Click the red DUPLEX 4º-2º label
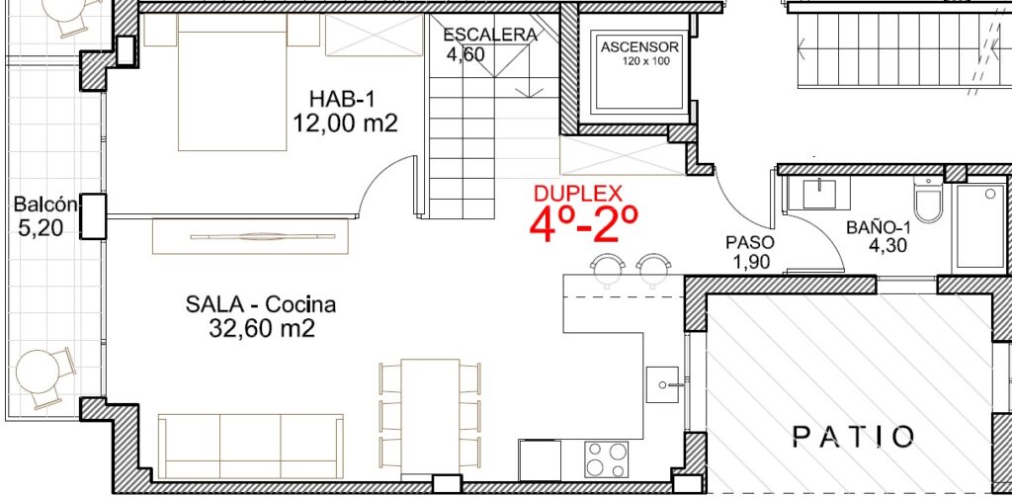tap(584, 214)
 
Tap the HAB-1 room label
tap(342, 99)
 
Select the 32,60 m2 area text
tap(261, 329)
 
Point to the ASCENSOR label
tap(639, 47)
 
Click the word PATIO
tap(853, 437)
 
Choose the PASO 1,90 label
tap(749, 252)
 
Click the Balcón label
tap(45, 206)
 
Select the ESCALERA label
tap(490, 35)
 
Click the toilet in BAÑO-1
tap(927, 201)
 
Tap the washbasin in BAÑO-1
tap(818, 194)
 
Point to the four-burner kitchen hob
tap(606, 459)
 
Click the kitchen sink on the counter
tap(663, 384)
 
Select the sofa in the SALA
tap(250, 446)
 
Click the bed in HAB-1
tap(232, 82)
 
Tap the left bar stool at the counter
tap(609, 268)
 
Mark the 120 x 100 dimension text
tap(646, 62)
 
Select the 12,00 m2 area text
tap(345, 122)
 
